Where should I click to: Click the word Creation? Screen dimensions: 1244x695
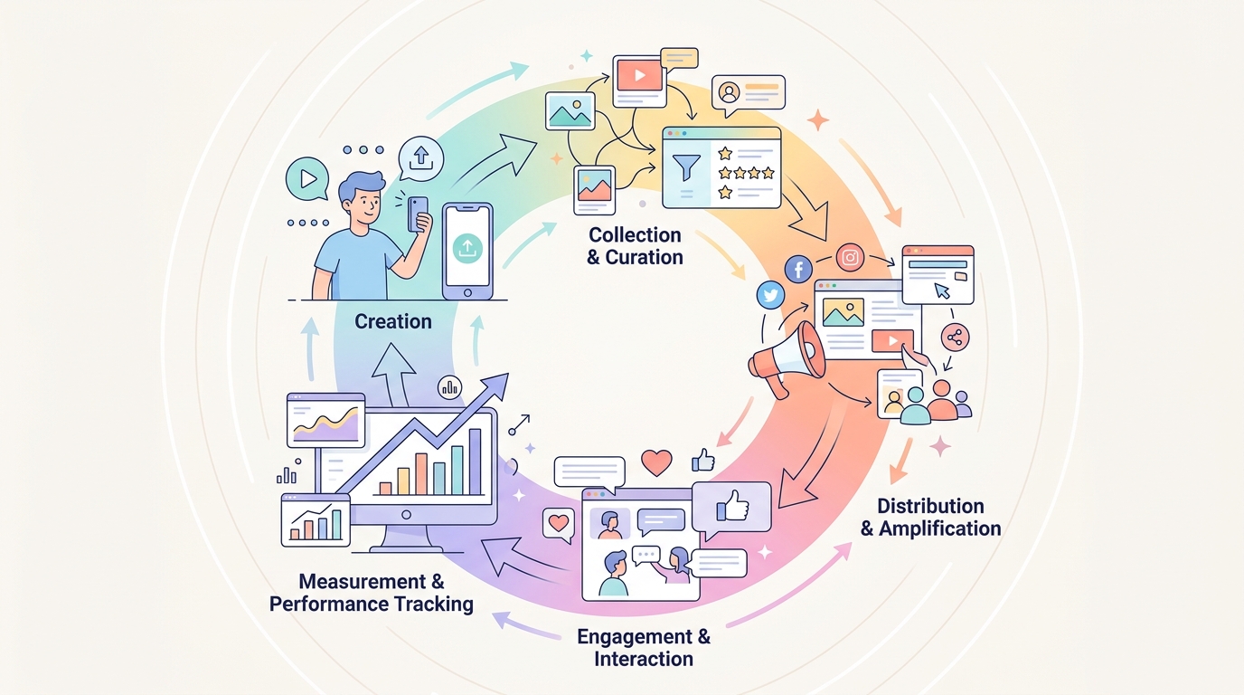pos(393,321)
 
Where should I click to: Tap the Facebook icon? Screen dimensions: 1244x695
pos(798,270)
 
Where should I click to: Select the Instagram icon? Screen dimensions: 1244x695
pos(850,257)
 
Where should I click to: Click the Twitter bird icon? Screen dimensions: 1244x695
pos(771,295)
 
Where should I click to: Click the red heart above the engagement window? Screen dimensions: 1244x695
pos(656,462)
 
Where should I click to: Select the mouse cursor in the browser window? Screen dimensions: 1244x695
pos(942,290)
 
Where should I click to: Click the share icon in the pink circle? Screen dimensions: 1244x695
pos(956,338)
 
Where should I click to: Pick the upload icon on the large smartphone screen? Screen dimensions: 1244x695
pos(467,248)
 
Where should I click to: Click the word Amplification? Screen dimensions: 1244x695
pos(939,528)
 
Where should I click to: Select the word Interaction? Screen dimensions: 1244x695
pos(644,659)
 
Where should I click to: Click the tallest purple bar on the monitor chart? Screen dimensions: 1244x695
pos(476,462)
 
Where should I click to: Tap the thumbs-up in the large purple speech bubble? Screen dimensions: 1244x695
pos(733,505)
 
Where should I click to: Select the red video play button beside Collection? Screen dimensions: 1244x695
pos(640,75)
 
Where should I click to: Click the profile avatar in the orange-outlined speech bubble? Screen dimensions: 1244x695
pos(730,92)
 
